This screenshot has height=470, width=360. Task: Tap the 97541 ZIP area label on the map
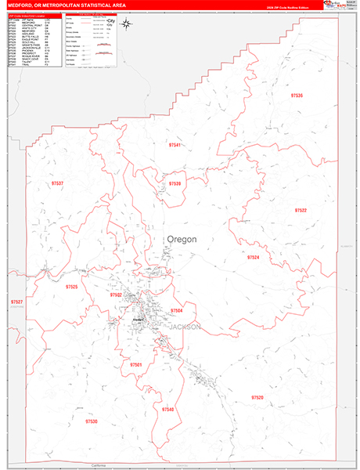[175, 145]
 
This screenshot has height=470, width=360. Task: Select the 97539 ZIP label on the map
[175, 184]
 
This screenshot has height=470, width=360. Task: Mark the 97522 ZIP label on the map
[301, 211]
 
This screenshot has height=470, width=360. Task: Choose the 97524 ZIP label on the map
[253, 257]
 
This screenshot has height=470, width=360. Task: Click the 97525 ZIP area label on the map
[72, 287]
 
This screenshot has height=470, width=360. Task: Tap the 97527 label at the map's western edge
[16, 302]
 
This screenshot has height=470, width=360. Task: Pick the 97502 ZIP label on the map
[116, 295]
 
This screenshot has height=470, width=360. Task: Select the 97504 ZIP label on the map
[177, 311]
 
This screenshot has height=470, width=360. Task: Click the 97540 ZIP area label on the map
[168, 409]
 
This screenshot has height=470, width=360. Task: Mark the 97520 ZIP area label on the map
[257, 398]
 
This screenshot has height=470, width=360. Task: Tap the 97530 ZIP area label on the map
[92, 421]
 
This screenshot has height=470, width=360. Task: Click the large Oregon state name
[181, 239]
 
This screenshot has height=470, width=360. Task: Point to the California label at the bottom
[97, 465]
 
